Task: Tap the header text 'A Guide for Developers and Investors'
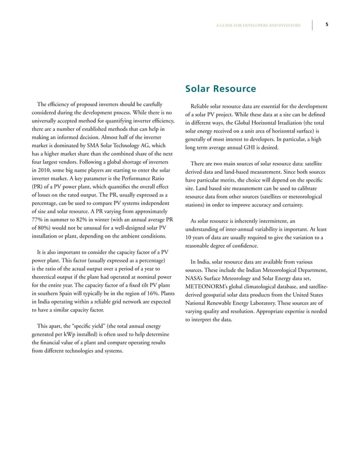[259, 25]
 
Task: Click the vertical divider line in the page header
[313, 25]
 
